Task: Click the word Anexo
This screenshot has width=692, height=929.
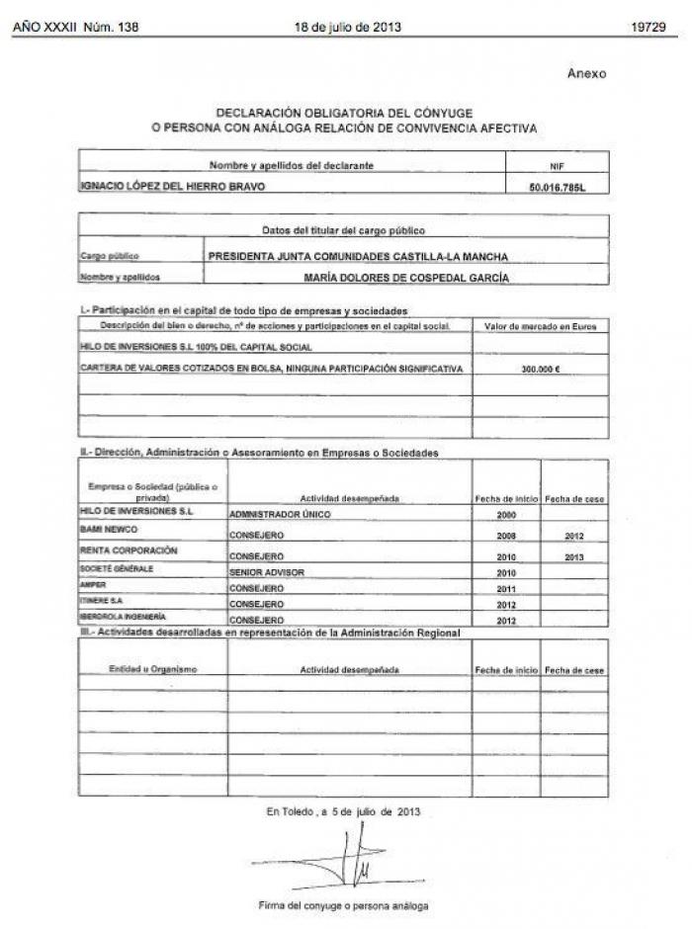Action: [586, 73]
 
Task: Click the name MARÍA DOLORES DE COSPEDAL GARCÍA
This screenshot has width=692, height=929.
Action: [406, 278]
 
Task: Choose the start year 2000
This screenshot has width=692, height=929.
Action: [507, 515]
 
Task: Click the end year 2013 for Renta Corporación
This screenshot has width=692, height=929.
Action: [574, 555]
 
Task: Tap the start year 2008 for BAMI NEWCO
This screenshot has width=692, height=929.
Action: [507, 536]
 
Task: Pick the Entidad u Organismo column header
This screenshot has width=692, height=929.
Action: [152, 670]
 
